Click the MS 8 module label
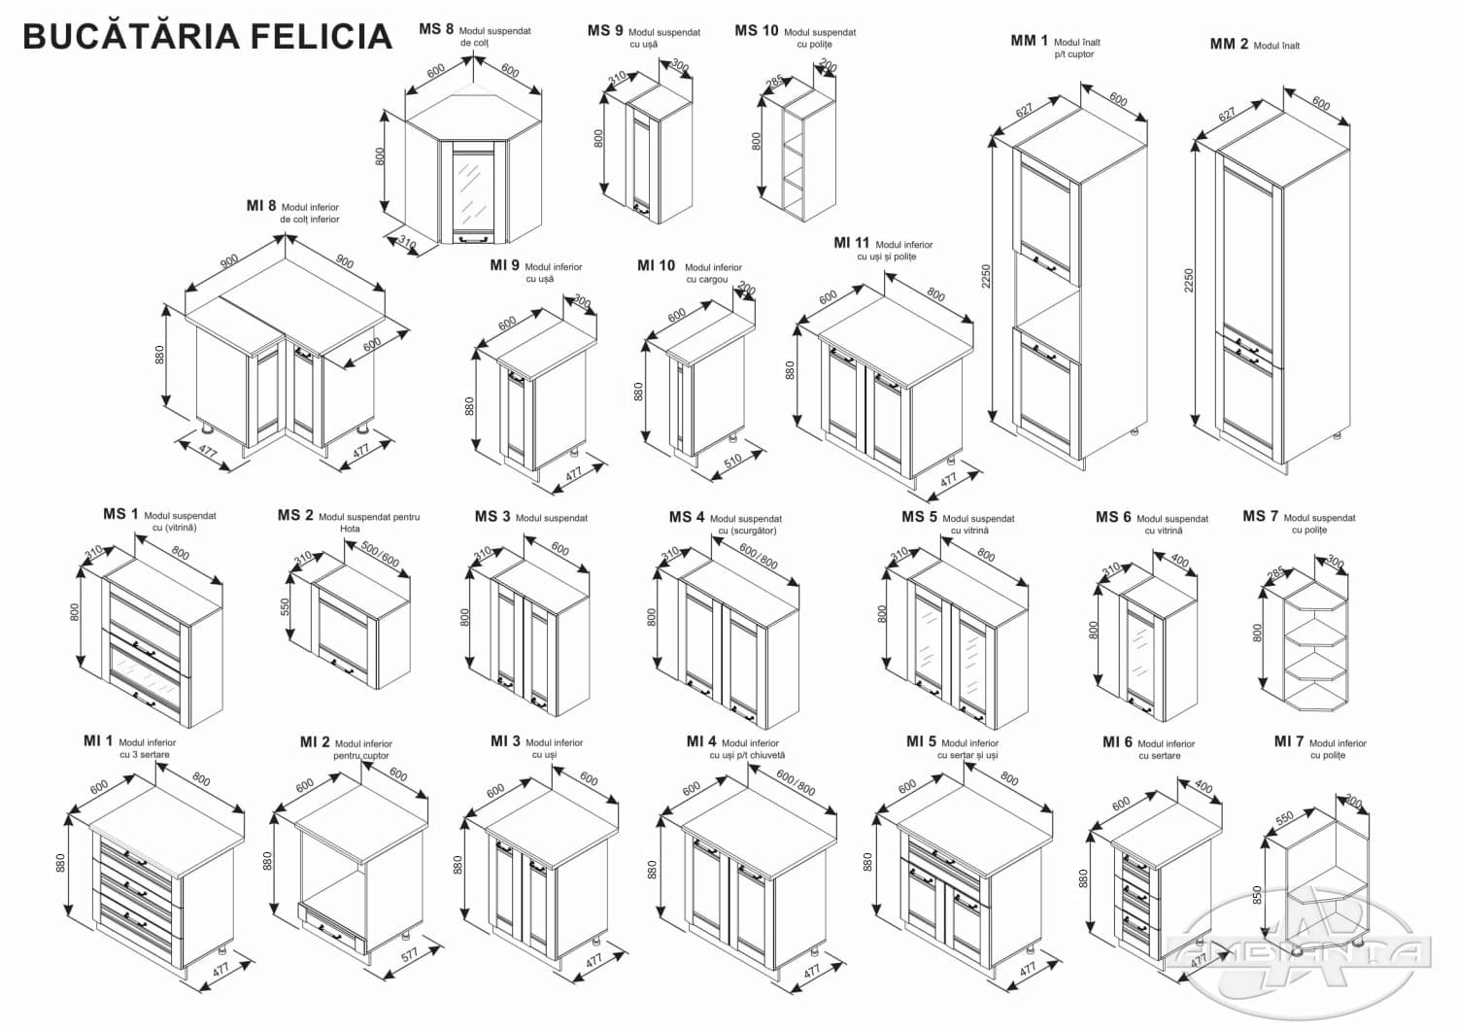[x=436, y=29]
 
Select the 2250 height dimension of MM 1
[x=986, y=277]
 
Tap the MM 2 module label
[x=1229, y=44]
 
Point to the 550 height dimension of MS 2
[x=286, y=606]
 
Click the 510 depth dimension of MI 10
[x=731, y=460]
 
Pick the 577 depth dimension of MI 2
[x=409, y=953]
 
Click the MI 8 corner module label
[x=261, y=206]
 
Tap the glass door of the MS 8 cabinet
[x=471, y=188]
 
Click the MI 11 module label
[x=851, y=243]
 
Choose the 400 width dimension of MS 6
[x=1179, y=561]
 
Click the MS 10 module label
[x=756, y=31]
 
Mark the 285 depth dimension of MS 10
[x=774, y=84]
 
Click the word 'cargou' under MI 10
[x=706, y=280]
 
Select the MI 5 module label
[x=921, y=741]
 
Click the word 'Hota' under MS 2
[x=350, y=530]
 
